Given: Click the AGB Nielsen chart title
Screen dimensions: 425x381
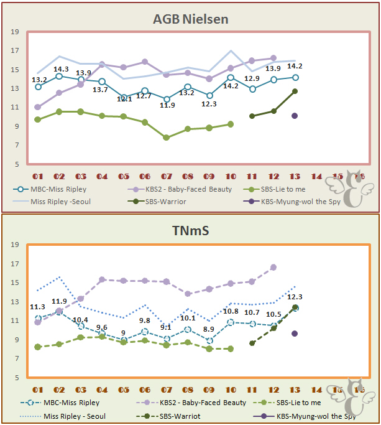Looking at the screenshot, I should [x=190, y=19].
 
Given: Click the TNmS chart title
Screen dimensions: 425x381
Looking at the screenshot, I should [x=190, y=231].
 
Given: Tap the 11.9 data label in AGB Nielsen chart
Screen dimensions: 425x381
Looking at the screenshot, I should [x=167, y=105].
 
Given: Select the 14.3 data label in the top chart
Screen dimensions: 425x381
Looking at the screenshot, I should [x=61, y=69].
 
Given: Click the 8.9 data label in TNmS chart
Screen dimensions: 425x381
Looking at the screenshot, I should [x=208, y=329].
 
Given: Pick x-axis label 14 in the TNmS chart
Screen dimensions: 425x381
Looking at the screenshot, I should [x=316, y=390].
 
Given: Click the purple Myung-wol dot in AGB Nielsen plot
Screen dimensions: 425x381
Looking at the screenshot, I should [x=295, y=116].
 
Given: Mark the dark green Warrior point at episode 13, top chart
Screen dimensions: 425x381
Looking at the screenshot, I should [x=295, y=91].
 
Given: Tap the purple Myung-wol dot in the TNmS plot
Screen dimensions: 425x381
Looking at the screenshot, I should [x=295, y=334].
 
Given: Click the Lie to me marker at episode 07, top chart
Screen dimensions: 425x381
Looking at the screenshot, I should [x=166, y=138].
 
